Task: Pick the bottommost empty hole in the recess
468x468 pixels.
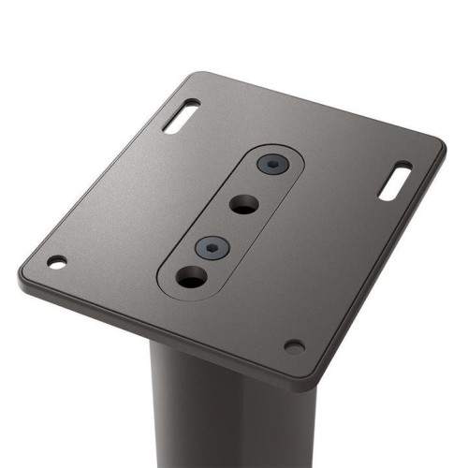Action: pos(191,277)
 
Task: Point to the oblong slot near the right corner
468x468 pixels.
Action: pos(395,180)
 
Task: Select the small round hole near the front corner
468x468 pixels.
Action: pos(294,346)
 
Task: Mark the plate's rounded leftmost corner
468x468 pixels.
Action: pos(22,277)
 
